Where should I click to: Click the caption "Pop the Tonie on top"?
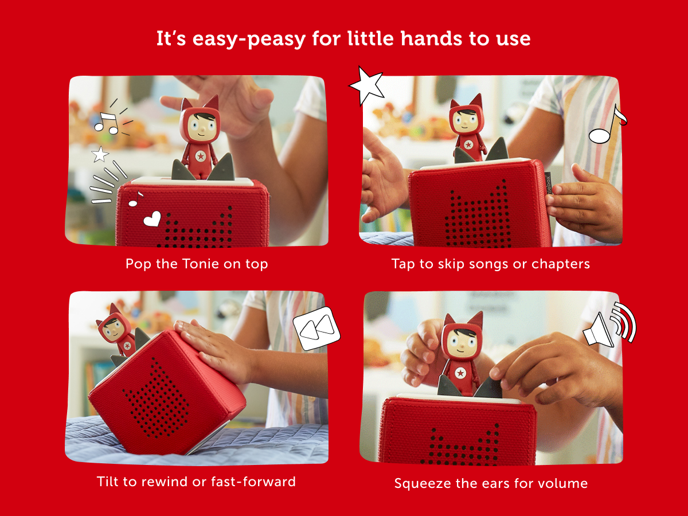tap(197, 264)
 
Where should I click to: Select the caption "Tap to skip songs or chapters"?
tap(491, 264)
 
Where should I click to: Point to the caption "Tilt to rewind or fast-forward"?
tap(197, 481)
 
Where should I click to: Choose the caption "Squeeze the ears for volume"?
tap(491, 483)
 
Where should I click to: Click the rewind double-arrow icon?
tap(316, 328)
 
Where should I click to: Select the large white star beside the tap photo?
tap(367, 85)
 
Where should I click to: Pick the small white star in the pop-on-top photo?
tap(100, 154)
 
